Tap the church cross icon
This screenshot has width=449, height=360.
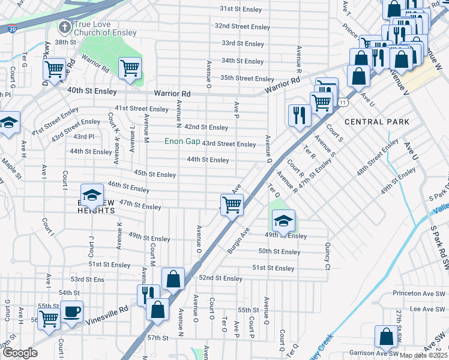[64, 27]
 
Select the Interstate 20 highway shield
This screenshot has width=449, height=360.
[12, 28]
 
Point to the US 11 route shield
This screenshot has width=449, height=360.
[342, 103]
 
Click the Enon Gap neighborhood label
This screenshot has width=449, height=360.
[183, 142]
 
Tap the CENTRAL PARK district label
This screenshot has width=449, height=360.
[376, 122]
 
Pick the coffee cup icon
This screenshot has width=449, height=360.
[71, 311]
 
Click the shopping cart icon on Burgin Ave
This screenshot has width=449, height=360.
[232, 205]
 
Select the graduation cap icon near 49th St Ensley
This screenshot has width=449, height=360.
[283, 221]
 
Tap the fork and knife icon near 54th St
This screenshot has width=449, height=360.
[148, 294]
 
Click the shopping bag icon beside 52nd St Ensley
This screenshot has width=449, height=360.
[172, 278]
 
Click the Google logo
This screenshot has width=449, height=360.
[20, 353]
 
